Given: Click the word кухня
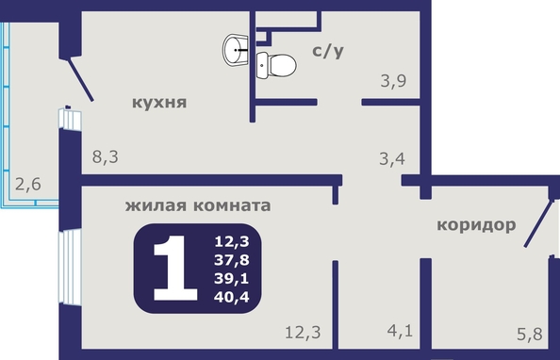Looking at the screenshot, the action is [x=159, y=103].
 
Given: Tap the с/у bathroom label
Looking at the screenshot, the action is [x=328, y=51].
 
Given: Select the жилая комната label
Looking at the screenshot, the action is [x=198, y=205].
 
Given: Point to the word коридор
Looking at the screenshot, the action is [x=476, y=226].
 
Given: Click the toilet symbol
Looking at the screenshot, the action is [x=276, y=65].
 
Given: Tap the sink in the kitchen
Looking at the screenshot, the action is [x=236, y=50].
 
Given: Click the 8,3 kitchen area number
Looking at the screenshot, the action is [x=106, y=156].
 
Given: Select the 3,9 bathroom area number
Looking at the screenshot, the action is [x=393, y=81].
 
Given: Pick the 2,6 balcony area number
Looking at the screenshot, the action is [x=28, y=185].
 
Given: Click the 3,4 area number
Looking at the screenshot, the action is [x=392, y=158].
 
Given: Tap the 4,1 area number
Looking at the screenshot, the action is [x=400, y=331].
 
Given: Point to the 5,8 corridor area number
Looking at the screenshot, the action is [x=530, y=335].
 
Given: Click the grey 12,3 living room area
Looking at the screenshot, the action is [x=303, y=333].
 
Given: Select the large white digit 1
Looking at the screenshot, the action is [x=175, y=268].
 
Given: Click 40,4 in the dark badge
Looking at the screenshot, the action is [x=232, y=297].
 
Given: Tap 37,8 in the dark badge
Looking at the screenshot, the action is [x=232, y=260].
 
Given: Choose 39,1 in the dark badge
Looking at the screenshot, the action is [x=232, y=279].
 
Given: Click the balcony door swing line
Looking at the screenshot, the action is [x=81, y=80].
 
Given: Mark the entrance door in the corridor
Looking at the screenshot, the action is [x=539, y=223].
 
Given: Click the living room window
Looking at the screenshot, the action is [x=70, y=267].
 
